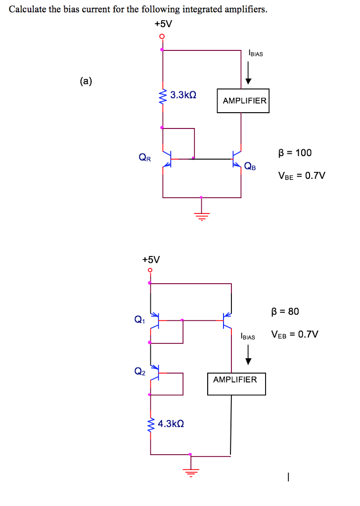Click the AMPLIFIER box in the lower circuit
(236, 383)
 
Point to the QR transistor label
(145, 158)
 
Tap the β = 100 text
(295, 153)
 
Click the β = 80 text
(285, 312)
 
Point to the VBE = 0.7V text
(302, 176)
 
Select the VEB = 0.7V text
(294, 335)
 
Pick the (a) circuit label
(86, 82)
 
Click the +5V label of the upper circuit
(162, 24)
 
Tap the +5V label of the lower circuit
(151, 259)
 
